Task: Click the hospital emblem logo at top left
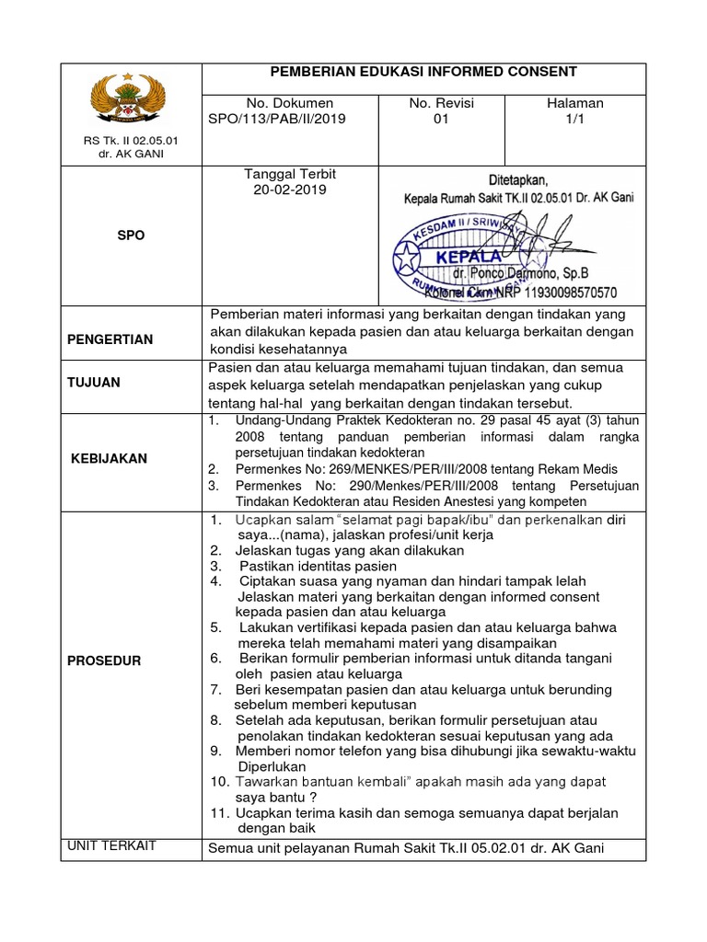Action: click(130, 100)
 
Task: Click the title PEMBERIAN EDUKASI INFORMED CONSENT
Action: click(423, 72)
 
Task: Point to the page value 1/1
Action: click(574, 120)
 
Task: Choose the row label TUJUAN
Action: click(94, 383)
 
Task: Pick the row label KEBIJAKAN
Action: click(109, 458)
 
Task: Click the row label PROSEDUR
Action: click(104, 661)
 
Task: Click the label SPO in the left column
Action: click(132, 235)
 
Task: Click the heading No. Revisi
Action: click(441, 104)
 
